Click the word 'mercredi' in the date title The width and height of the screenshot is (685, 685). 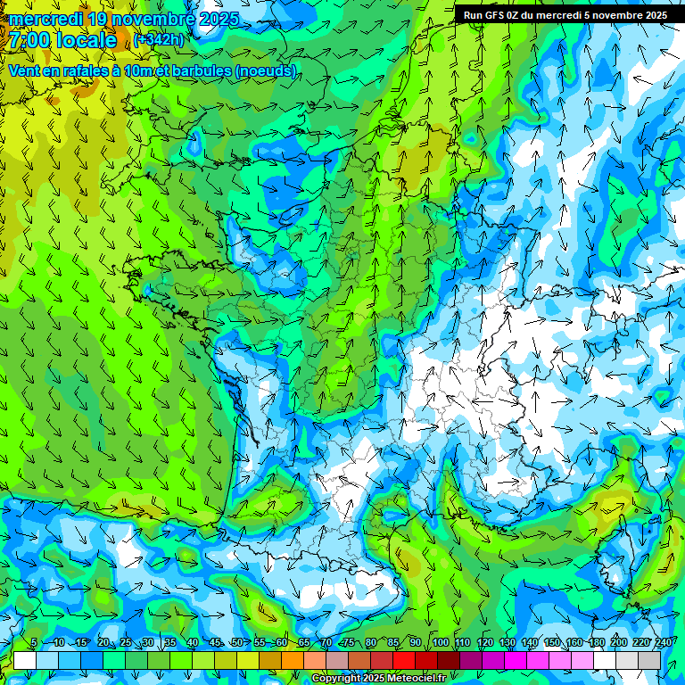coord(45,19)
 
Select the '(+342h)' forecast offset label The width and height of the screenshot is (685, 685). coord(160,40)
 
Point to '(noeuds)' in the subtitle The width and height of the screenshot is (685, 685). coord(268,71)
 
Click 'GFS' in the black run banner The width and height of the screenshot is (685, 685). coord(493,15)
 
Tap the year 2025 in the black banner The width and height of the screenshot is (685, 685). coord(653,15)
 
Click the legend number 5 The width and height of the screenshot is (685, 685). coord(34,643)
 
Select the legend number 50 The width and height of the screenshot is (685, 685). coord(236,643)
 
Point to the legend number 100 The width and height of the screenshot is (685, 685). coord(440,643)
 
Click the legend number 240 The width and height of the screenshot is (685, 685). coord(664,643)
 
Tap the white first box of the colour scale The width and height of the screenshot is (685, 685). coord(25,661)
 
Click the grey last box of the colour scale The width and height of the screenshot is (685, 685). coord(649,661)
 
